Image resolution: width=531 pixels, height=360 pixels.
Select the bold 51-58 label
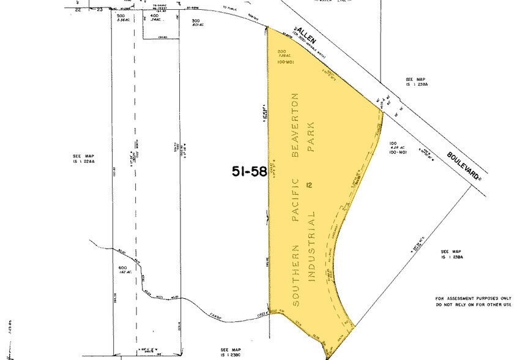[249, 171]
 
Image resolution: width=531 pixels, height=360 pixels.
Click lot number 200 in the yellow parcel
[281, 51]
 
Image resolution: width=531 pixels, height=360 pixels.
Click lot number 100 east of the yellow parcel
[393, 144]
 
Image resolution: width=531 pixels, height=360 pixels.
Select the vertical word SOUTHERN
[295, 275]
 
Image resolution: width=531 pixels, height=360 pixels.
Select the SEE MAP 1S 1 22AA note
[81, 159]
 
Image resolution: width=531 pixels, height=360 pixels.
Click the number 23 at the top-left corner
[99, 10]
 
